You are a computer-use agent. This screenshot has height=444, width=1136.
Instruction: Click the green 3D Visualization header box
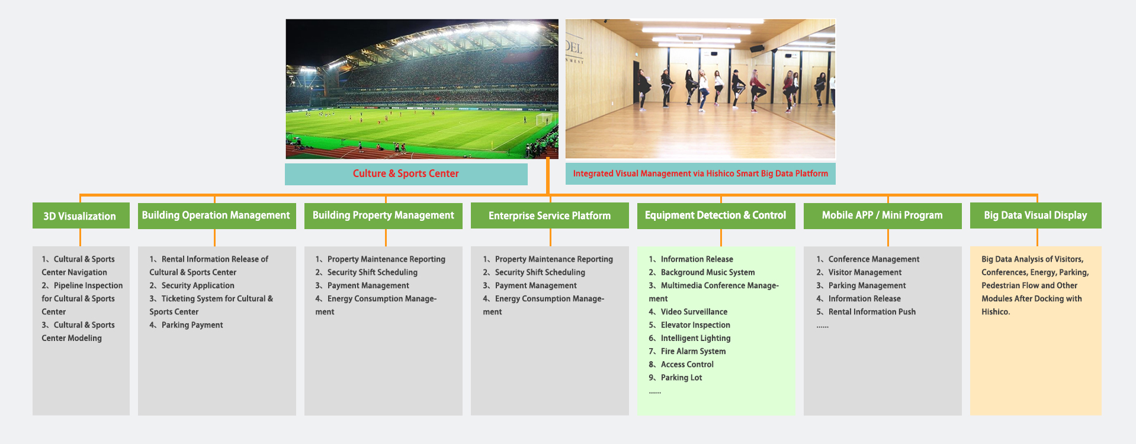81,215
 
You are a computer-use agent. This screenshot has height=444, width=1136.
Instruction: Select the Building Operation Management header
217,215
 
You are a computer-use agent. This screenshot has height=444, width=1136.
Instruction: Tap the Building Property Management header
383,215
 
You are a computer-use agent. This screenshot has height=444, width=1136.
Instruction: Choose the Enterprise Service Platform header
550,215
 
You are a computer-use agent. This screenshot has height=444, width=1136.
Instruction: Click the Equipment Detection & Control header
716,215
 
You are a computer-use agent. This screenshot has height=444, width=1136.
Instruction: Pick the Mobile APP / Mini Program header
883,215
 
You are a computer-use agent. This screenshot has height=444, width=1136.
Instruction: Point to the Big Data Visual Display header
1036,215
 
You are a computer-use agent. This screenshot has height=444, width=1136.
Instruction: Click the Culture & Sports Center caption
406,174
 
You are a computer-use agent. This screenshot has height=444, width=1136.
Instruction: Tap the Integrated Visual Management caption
701,173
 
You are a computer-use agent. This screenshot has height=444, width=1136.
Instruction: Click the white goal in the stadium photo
544,119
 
